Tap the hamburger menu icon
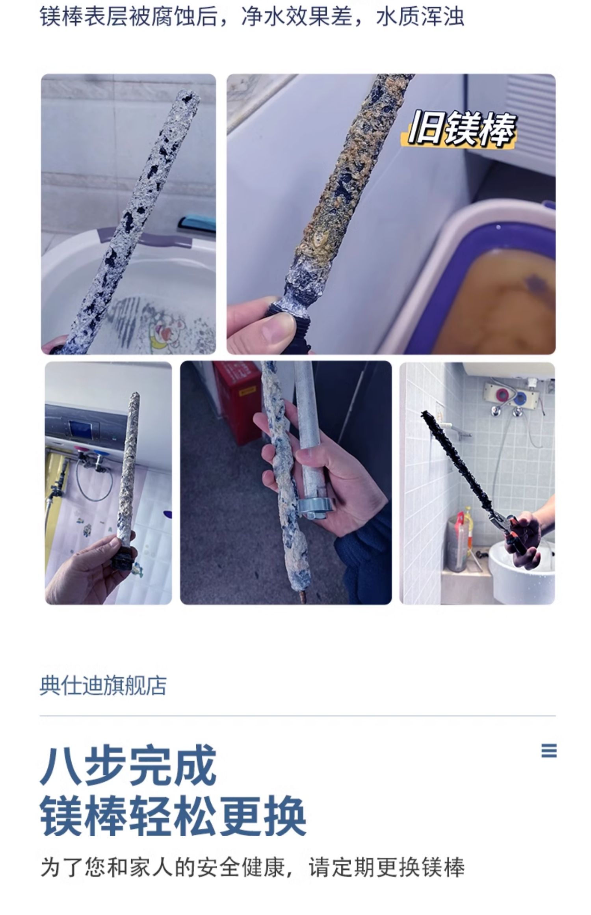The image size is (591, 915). click(x=549, y=751)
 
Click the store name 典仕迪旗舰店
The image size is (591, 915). click(x=103, y=686)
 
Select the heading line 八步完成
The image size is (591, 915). click(x=128, y=765)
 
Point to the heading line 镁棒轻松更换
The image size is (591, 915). click(x=173, y=816)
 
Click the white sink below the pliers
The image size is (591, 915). click(x=520, y=571)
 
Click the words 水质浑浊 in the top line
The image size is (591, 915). click(x=420, y=17)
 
